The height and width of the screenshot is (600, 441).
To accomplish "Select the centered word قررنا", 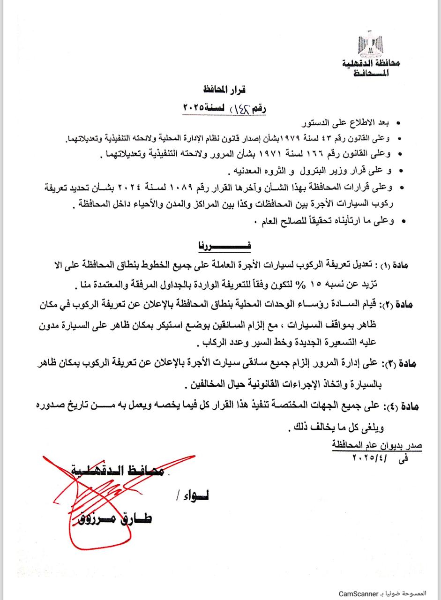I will tap(222, 245).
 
